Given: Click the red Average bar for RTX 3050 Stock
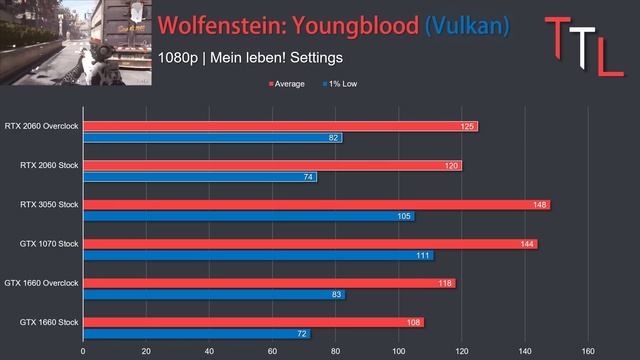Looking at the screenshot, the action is pos(317,204).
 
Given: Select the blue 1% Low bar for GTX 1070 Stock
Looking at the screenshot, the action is pos(259,256).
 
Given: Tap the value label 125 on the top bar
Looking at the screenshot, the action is pos(467,127).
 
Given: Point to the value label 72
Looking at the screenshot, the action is pos(302,334).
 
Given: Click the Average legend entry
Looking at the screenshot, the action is pos(287,84).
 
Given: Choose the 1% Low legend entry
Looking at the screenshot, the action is pos(340,84).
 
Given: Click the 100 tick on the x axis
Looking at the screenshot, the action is pos(399,351).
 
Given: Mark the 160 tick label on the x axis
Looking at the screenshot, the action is pos(588,351).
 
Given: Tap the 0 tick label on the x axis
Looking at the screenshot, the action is pos(83,351).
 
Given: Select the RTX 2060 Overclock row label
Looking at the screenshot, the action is pos(41,126).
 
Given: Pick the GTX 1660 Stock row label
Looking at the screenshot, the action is pos(49,322).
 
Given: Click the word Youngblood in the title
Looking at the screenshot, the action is pos(356,26).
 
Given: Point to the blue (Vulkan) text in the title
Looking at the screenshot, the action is pos(467,26).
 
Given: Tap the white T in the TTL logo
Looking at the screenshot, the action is pos(582,47).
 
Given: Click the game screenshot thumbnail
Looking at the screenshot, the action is pos(76,42).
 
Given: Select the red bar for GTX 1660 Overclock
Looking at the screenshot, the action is pos(269,283).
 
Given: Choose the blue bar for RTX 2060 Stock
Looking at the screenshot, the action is pos(200,177).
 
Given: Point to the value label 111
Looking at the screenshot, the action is pos(423,256).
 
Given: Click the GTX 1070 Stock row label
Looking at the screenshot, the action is pos(49,244).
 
